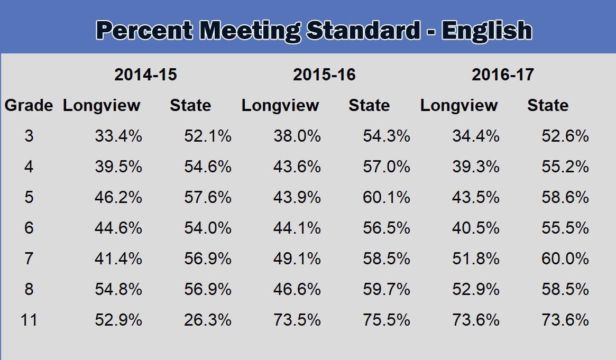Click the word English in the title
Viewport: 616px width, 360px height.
point(487,31)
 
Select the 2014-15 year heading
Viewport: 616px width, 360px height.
point(145,75)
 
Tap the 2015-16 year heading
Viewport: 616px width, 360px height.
point(324,75)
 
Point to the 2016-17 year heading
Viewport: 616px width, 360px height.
point(503,75)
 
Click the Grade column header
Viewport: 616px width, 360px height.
point(29,106)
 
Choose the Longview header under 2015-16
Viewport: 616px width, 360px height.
point(280,106)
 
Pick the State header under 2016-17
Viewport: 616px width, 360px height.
point(548,106)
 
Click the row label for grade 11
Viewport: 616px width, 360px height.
point(29,320)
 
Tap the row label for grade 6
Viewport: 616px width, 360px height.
point(29,228)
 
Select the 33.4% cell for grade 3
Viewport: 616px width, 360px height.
point(118,136)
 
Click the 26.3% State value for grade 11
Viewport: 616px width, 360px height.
point(208,320)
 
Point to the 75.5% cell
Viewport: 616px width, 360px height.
point(387,320)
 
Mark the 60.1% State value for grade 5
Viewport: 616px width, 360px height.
point(387,198)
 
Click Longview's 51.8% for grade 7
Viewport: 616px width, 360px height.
point(476,259)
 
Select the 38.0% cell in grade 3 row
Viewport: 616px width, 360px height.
point(297,136)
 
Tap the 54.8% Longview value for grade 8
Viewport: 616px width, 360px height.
point(118,290)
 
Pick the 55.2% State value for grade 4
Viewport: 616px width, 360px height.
point(565,167)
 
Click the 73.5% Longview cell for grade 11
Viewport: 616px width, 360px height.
point(297,320)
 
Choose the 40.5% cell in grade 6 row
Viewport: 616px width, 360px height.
point(476,228)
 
